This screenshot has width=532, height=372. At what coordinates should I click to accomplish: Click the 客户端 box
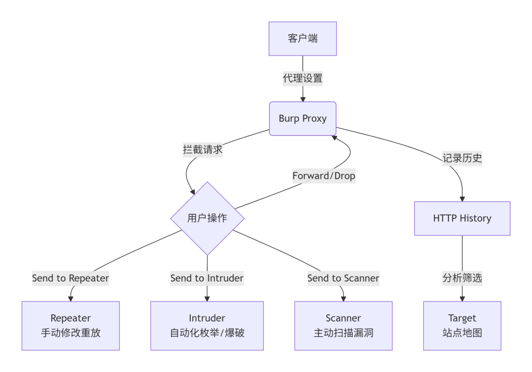(302, 38)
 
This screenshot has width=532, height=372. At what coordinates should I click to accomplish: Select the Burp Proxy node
(302, 118)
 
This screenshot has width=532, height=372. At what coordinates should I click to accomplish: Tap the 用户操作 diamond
(207, 218)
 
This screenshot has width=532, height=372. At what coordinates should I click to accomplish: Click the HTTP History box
(462, 218)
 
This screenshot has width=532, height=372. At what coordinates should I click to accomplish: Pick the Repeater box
(71, 325)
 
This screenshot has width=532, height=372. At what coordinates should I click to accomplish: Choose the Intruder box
(207, 325)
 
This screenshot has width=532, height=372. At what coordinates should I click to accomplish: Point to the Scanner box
(343, 325)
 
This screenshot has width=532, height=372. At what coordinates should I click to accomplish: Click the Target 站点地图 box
(462, 325)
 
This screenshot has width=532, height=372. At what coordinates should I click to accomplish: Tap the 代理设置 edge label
(302, 79)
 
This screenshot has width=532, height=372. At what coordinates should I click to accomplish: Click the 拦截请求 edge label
(203, 149)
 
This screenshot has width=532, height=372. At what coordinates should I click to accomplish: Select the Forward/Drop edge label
(324, 176)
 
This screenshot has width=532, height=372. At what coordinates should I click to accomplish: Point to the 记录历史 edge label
(462, 159)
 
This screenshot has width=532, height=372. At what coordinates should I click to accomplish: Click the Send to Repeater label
(71, 278)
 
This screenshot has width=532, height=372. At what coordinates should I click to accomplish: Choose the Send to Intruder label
(207, 278)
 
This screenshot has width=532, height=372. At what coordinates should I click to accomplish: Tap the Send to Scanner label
(343, 278)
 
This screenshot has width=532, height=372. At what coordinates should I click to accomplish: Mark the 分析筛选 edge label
(462, 278)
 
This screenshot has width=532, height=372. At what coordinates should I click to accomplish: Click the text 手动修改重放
(71, 333)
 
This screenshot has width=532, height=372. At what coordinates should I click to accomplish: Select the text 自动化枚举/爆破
(207, 333)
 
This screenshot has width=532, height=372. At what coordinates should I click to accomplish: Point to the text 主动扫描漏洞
(343, 333)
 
